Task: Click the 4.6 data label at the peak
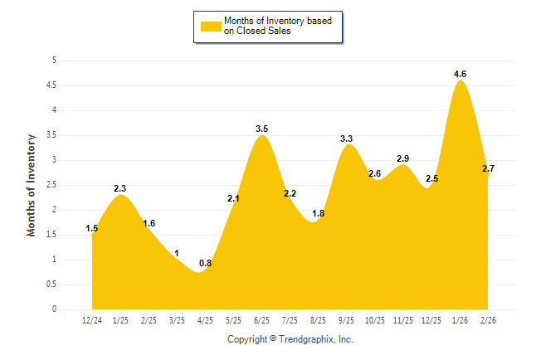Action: pyautogui.click(x=460, y=74)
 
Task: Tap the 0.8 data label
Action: pyautogui.click(x=205, y=265)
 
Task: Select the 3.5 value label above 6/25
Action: pyautogui.click(x=261, y=129)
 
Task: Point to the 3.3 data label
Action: pyautogui.click(x=347, y=139)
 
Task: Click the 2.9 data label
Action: pyautogui.click(x=403, y=158)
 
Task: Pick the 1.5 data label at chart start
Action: pyautogui.click(x=92, y=228)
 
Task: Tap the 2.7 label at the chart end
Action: pyautogui.click(x=489, y=168)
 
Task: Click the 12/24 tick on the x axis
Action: pyautogui.click(x=92, y=319)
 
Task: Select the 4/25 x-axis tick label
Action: pyautogui.click(x=205, y=319)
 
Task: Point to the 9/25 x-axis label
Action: pyautogui.click(x=347, y=319)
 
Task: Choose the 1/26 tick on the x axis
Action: pyautogui.click(x=460, y=319)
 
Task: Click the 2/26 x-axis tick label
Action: pyautogui.click(x=489, y=319)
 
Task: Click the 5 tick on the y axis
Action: pyautogui.click(x=54, y=61)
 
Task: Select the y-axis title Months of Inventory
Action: pyautogui.click(x=32, y=185)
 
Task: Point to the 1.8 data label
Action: pyautogui.click(x=318, y=213)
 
